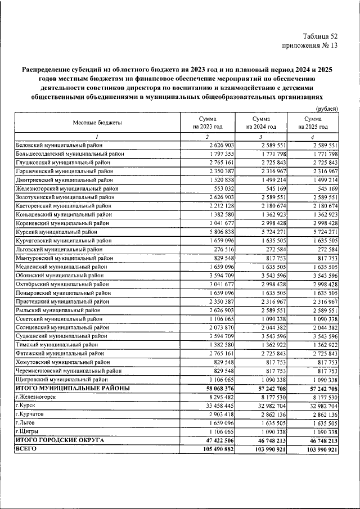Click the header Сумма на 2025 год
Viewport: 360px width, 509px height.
[x=313, y=123]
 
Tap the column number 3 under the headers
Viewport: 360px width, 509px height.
[x=260, y=137]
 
